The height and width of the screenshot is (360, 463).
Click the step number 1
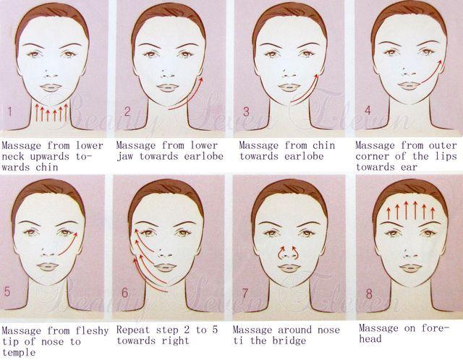[x=9, y=111]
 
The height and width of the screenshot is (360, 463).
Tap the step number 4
[x=368, y=110]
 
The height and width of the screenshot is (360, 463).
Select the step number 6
[x=125, y=293]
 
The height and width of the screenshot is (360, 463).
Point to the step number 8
[x=369, y=293]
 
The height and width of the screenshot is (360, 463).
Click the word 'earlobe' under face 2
[x=204, y=156]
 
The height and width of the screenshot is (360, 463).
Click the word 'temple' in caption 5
[x=19, y=352]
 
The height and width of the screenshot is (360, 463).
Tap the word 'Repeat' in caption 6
[x=133, y=330]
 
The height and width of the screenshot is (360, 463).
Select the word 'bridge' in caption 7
[x=289, y=340]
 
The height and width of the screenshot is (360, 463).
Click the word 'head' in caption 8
[x=370, y=339]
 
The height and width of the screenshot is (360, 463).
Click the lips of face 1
[x=51, y=87]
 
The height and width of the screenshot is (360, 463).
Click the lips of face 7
[x=289, y=268]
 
